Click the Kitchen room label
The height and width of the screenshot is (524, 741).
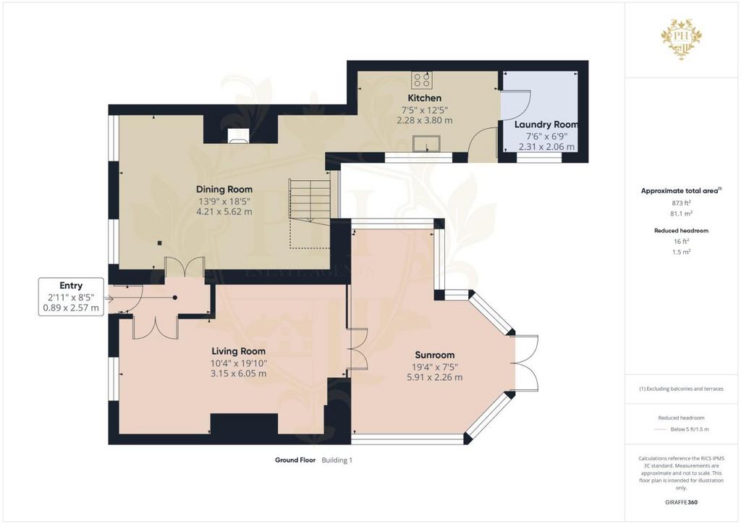(x=424, y=98)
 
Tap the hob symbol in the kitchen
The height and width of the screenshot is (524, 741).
(x=421, y=80)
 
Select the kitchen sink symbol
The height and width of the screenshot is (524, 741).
(x=426, y=143)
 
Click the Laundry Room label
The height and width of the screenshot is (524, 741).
(x=546, y=124)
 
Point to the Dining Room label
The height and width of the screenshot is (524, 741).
(x=224, y=189)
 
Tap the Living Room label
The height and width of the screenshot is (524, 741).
(x=238, y=351)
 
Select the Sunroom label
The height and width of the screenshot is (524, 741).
(x=435, y=355)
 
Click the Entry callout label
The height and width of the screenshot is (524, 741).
(x=71, y=285)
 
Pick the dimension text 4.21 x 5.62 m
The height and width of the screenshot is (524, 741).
(x=224, y=211)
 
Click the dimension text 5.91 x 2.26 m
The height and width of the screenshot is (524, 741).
(x=435, y=377)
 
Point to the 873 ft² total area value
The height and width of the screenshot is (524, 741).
(x=681, y=203)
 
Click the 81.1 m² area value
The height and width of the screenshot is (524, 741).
(x=681, y=214)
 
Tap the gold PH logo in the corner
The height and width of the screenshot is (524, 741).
(x=681, y=39)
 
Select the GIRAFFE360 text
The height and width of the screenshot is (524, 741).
(x=681, y=502)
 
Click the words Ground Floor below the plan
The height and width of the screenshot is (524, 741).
(x=295, y=460)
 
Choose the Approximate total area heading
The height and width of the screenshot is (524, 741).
(x=679, y=191)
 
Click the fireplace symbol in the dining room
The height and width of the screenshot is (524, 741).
(x=237, y=135)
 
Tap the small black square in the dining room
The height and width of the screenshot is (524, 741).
(x=160, y=243)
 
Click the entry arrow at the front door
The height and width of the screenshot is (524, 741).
(x=109, y=299)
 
